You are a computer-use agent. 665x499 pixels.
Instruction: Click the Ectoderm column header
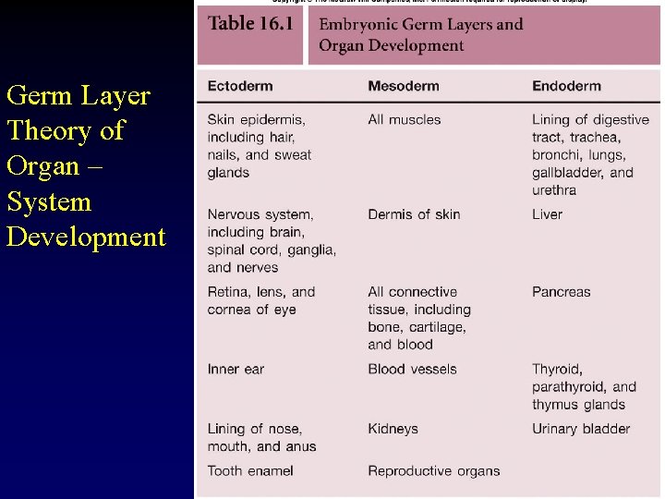click(x=240, y=86)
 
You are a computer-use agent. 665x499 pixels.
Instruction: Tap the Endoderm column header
click(x=566, y=86)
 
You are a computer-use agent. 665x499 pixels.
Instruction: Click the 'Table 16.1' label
click(x=250, y=23)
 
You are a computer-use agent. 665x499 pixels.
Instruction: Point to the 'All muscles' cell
click(x=405, y=119)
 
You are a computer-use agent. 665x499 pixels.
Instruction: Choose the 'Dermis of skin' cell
click(x=414, y=214)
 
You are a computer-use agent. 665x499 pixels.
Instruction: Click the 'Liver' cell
click(x=547, y=214)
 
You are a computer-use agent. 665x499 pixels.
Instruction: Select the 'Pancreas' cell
click(x=561, y=292)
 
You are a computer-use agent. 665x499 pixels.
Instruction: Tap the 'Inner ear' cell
click(x=236, y=369)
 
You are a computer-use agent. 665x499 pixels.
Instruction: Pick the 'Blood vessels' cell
click(x=412, y=369)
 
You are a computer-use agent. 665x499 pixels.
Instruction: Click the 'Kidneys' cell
click(x=393, y=429)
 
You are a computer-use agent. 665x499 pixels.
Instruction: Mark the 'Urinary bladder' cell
click(x=581, y=429)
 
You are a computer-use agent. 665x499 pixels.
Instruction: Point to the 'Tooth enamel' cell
click(x=250, y=470)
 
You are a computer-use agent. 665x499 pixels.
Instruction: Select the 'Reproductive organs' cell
click(x=433, y=470)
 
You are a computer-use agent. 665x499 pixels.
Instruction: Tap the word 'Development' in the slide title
click(x=86, y=237)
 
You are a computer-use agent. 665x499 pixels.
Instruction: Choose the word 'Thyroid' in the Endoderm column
click(x=557, y=369)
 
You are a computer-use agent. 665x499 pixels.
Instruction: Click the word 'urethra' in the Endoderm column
click(x=554, y=190)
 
